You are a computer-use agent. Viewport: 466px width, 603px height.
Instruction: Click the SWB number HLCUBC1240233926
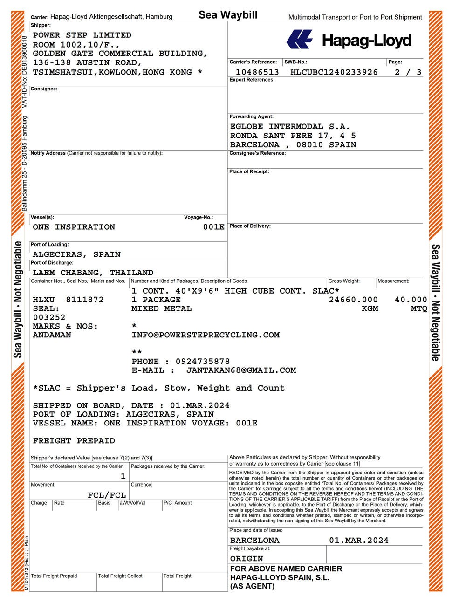pos(334,72)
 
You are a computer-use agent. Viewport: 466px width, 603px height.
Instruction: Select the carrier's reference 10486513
pos(257,72)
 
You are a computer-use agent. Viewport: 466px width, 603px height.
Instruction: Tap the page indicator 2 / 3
pos(408,72)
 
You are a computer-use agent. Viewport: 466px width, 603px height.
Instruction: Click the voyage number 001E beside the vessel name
pos(213,227)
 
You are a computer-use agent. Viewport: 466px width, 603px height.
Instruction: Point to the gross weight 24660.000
pos(353,300)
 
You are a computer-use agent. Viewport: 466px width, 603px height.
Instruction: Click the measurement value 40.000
pos(411,300)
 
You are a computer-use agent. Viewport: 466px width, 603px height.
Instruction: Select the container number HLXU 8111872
pos(68,300)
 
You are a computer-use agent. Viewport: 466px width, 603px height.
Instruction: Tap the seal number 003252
pos(49,317)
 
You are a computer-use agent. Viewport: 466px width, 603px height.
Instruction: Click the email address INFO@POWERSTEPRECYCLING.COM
pos(206,335)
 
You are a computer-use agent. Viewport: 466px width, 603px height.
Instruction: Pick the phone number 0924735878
pos(202,362)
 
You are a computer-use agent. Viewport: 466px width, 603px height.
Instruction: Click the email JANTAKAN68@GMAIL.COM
pos(241,370)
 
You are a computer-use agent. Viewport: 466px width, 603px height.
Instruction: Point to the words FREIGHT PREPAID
pos(74,441)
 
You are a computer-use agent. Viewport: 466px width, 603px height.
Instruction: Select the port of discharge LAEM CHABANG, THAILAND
pos(93,273)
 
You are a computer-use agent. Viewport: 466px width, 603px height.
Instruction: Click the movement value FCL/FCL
pos(107,495)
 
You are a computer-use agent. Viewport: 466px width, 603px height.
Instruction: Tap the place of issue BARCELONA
pos(254,541)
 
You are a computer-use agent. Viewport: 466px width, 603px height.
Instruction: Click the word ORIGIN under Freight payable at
pos(247,558)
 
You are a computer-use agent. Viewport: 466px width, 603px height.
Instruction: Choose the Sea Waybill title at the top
pos(228,15)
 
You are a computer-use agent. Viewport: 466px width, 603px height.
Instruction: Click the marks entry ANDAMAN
pos(52,335)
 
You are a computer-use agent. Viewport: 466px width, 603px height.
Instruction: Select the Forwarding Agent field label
pos(251,116)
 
